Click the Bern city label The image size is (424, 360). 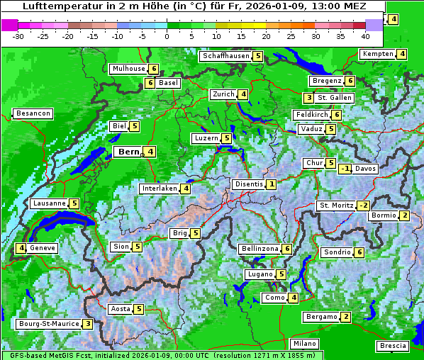click(x=128, y=152)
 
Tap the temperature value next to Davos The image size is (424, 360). click(x=345, y=169)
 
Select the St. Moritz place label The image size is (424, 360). click(x=334, y=206)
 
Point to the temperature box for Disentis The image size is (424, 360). click(x=271, y=184)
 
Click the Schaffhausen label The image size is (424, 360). click(x=225, y=56)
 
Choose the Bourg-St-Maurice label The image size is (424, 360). click(x=48, y=324)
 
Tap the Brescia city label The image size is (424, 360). click(x=393, y=346)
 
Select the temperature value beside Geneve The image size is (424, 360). click(x=22, y=248)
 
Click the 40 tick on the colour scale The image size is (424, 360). click(x=365, y=35)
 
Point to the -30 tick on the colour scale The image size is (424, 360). click(x=18, y=35)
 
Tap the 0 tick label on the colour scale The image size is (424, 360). click(x=167, y=35)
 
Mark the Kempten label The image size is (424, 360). click(x=376, y=55)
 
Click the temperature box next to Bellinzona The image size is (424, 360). click(x=286, y=249)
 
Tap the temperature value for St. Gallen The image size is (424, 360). click(x=308, y=98)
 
